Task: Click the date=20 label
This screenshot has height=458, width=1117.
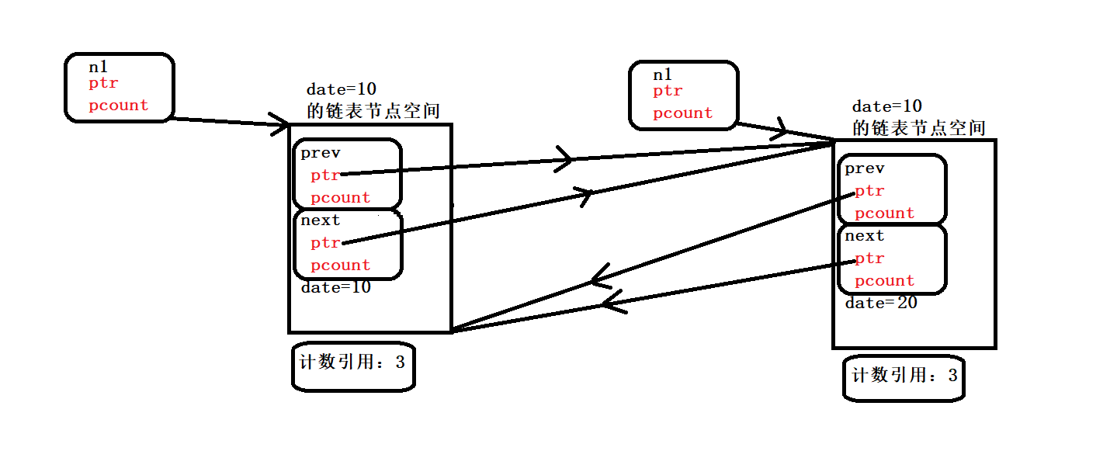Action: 881,304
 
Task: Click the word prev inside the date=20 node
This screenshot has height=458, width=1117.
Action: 865,168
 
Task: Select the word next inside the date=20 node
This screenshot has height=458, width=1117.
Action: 865,236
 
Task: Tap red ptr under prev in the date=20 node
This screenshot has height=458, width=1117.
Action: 869,191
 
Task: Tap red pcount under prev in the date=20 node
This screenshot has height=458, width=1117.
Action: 884,213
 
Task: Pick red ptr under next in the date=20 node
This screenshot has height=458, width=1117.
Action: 869,258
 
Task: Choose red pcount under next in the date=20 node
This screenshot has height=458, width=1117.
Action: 884,280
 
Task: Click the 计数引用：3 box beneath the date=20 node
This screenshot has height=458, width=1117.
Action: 904,378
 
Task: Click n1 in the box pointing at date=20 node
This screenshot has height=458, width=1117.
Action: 662,75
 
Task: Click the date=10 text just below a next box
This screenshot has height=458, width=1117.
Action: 336,288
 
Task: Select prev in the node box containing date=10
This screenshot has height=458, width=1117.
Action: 321,153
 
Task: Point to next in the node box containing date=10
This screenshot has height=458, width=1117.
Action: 321,220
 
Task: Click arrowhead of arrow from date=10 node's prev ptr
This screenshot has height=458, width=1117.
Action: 564,159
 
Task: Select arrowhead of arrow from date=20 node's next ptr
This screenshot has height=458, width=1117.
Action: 610,303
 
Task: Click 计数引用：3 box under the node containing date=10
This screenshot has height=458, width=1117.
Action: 353,363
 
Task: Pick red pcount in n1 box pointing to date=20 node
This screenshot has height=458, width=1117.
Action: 682,113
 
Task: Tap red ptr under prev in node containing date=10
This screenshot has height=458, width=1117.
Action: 325,175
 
